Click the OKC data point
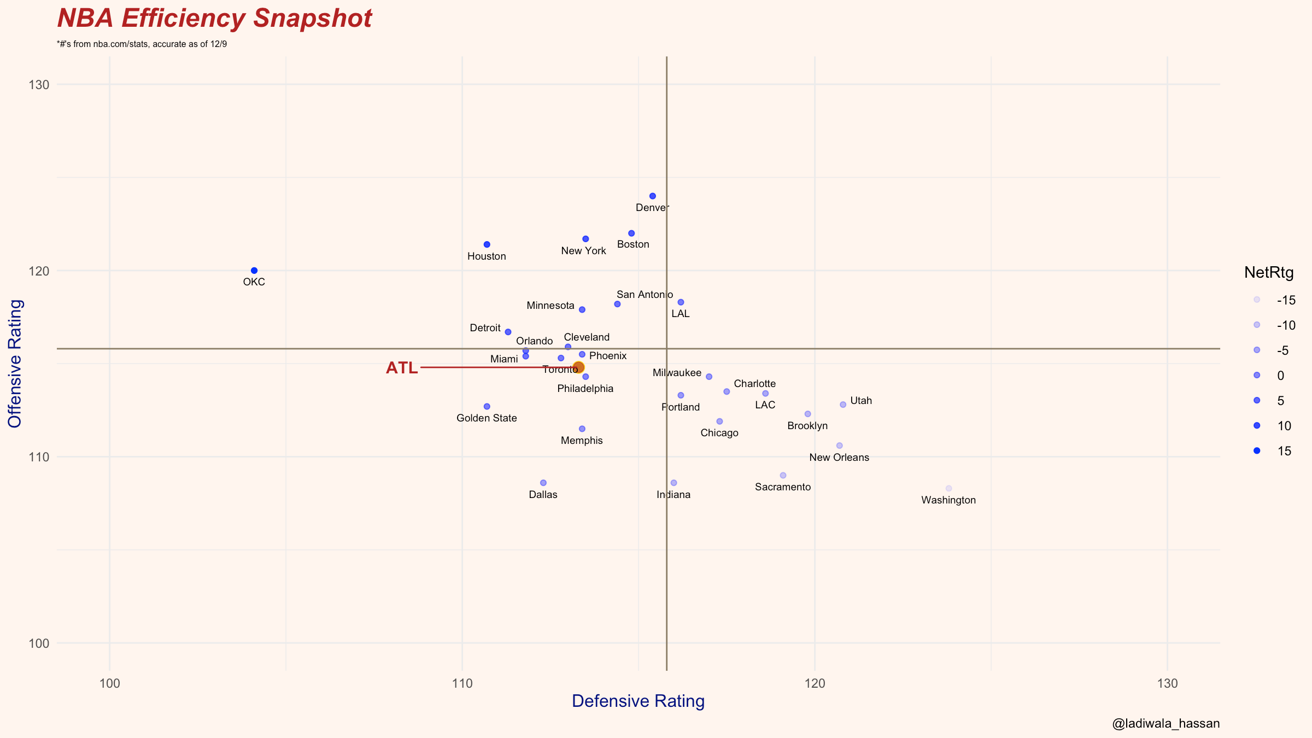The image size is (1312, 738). coord(254,271)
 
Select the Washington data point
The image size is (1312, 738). coord(948,488)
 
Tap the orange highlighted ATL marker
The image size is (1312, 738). coord(578,367)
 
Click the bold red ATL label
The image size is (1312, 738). coord(402,368)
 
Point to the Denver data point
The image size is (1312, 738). coord(653,196)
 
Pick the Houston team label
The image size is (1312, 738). coord(487,256)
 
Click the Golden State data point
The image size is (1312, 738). coord(487,407)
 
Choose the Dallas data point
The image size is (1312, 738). coord(543,483)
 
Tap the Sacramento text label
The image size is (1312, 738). coord(783,487)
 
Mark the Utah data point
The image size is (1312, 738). coord(843,405)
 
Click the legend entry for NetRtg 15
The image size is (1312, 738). coord(1257,451)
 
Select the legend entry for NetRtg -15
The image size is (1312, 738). coord(1257,300)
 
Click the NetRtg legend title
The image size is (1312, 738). coord(1269,272)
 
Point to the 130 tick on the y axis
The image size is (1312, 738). coord(39,85)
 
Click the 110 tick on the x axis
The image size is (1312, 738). coord(462,683)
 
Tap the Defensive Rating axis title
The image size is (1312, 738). coord(638,701)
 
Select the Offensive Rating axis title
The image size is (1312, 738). coord(15,364)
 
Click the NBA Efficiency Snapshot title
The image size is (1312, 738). coord(214,19)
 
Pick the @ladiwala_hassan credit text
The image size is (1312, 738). coord(1165,724)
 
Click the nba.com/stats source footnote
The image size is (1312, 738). coord(142,44)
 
